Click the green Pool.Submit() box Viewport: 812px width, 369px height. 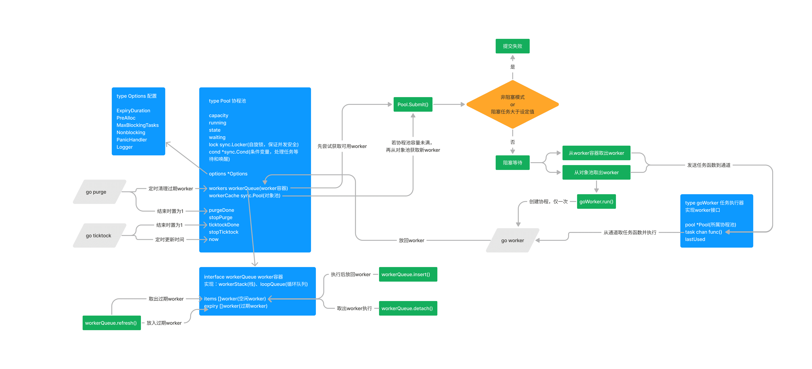413,105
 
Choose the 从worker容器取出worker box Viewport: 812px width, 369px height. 596,153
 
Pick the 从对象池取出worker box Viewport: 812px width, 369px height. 596,173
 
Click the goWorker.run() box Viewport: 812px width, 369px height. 596,201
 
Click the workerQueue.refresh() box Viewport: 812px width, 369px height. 111,323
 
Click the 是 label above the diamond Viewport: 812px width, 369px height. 513,67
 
